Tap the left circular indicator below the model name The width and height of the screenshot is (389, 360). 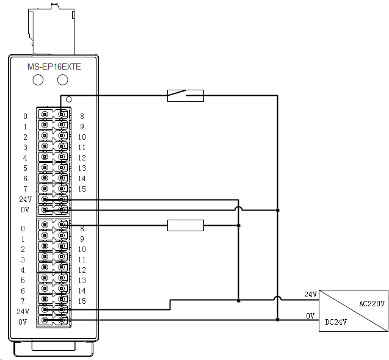point(38,80)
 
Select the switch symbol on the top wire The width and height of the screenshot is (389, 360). point(185,95)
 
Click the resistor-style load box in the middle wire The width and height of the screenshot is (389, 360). point(185,226)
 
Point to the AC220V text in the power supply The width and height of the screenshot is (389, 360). point(371,303)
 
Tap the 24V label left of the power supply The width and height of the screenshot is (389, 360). point(311,294)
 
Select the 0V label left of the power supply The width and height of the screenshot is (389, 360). point(310,315)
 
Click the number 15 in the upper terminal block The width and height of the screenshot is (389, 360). point(81,189)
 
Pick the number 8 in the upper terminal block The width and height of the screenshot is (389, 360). point(81,116)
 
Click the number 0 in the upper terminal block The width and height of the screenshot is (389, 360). point(25,116)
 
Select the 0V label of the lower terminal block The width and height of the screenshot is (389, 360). point(23,321)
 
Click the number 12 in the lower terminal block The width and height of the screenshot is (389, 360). point(81,270)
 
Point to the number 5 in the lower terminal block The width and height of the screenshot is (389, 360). point(25,280)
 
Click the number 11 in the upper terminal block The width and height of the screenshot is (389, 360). point(81,147)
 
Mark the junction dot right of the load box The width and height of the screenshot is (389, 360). point(238,226)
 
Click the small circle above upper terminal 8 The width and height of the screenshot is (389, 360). point(69,99)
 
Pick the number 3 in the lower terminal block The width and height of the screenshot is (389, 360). point(25,259)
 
